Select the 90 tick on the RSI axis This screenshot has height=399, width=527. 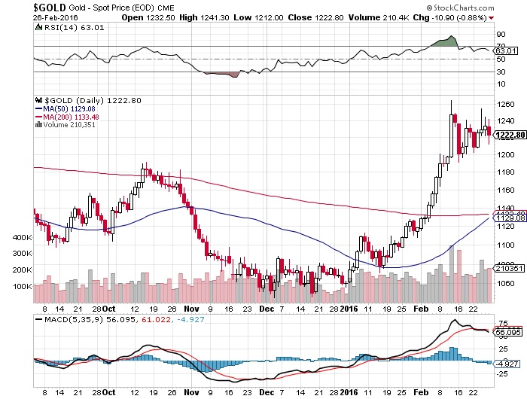click(500, 34)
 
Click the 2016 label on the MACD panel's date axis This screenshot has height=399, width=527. click(349, 391)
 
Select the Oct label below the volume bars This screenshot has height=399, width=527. click(111, 308)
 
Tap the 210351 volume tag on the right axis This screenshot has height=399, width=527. click(509, 269)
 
